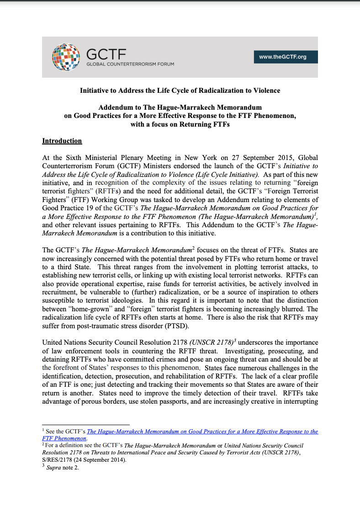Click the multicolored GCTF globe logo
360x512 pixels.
point(65,56)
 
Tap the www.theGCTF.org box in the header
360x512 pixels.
point(282,57)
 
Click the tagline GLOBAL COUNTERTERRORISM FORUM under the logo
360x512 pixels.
point(130,64)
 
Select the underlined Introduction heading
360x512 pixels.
point(62,141)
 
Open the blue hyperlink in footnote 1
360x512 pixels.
point(202,432)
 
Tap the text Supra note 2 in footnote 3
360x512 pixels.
point(63,468)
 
